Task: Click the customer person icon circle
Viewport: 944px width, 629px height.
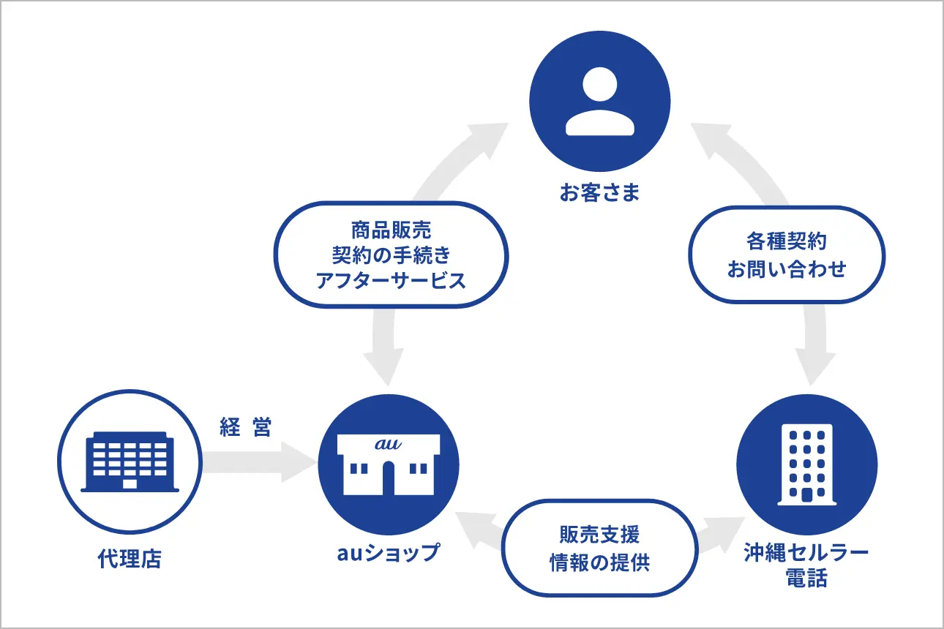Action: coord(599,100)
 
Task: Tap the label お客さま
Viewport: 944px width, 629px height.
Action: coord(599,193)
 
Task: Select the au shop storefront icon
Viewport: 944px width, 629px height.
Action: coord(388,464)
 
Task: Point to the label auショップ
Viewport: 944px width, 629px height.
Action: coord(388,552)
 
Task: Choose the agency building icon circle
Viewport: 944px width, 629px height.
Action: coord(128,464)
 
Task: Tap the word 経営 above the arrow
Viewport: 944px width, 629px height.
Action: coord(246,429)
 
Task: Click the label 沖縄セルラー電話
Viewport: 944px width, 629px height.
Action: coord(806,565)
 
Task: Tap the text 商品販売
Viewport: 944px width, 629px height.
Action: coord(391,231)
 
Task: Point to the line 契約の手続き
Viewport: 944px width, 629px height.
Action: coord(391,255)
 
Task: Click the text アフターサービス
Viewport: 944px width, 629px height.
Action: coord(391,280)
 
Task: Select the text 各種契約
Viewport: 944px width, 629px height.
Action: coord(787,242)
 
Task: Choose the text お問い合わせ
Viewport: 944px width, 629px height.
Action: coord(787,268)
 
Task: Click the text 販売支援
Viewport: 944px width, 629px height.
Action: coord(599,535)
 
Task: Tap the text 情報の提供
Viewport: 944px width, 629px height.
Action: coord(599,562)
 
